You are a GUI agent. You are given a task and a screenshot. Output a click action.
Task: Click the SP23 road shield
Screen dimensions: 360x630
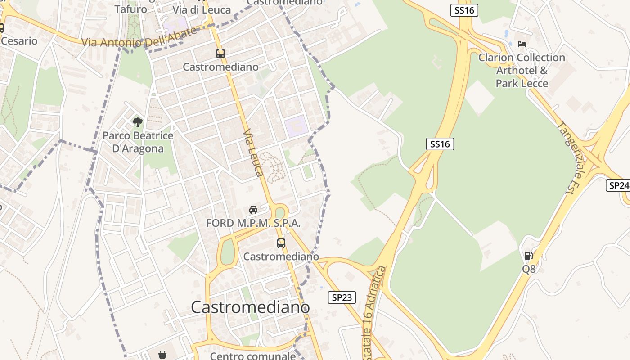(x=342, y=297)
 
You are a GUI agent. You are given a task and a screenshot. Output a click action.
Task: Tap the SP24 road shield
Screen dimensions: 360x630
(x=618, y=185)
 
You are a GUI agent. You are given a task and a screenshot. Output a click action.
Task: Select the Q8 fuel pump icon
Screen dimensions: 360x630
(x=529, y=256)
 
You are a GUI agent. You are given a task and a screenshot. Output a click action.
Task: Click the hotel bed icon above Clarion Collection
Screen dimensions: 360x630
(x=522, y=44)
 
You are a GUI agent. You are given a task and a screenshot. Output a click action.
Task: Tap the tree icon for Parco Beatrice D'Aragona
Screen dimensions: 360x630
(x=138, y=121)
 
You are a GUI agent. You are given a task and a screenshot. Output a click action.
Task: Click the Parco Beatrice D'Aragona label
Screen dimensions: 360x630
(x=138, y=142)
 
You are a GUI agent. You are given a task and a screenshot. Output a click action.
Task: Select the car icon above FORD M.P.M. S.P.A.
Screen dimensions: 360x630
(x=253, y=210)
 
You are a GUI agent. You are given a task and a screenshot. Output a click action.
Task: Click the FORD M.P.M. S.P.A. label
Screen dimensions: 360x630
(x=253, y=223)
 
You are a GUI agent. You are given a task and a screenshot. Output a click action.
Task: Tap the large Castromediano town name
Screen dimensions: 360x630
(x=250, y=307)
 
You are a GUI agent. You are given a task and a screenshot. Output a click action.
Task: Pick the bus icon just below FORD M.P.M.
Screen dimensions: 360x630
(x=281, y=243)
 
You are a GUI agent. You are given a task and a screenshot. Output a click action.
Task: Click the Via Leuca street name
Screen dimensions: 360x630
(x=253, y=153)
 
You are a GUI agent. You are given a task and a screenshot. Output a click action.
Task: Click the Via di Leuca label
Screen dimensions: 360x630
(x=202, y=10)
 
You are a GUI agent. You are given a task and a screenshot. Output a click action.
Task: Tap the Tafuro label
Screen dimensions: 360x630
(x=130, y=9)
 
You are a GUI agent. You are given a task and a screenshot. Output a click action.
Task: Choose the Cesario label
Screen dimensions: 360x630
(x=19, y=41)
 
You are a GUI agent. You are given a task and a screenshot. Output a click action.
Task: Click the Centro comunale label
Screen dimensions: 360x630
(x=252, y=356)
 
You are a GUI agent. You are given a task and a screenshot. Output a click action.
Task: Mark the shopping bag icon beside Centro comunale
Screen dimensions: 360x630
(x=162, y=355)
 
